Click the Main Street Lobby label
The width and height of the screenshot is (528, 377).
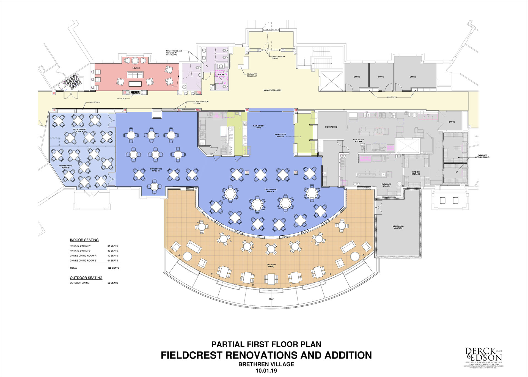272,90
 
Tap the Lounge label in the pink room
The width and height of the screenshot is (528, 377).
136,68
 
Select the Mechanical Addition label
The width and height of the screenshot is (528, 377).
398,227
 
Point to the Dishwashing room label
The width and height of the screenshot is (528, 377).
331,127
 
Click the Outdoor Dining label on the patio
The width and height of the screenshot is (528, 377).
271,266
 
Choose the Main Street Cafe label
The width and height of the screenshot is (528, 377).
258,127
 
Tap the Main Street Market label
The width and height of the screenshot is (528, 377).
280,135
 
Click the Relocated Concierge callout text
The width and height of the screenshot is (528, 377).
252,75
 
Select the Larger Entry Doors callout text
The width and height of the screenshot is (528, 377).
278,57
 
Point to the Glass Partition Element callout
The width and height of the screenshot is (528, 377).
201,103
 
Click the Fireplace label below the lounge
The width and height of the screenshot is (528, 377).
121,98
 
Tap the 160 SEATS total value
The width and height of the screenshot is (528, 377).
113,268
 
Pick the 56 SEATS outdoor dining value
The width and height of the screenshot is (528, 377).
113,283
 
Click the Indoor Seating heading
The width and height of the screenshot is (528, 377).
84,240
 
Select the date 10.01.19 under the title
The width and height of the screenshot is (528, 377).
266,371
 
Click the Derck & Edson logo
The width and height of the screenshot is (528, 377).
483,355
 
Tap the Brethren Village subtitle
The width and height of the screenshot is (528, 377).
266,364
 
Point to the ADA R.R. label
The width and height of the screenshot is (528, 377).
221,75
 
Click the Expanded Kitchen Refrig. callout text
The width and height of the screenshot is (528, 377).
482,156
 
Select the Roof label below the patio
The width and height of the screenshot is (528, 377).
271,299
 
